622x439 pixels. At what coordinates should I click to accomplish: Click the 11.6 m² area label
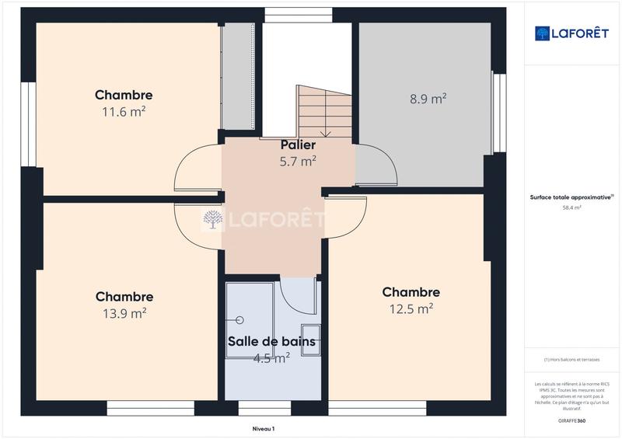124,111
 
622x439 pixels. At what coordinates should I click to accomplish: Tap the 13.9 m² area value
124,313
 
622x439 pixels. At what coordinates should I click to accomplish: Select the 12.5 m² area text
411,308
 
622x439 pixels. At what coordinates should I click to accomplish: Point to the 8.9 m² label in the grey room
428,99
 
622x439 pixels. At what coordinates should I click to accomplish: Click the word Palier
298,145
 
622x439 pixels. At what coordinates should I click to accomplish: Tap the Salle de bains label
271,341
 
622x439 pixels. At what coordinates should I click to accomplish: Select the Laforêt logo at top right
571,33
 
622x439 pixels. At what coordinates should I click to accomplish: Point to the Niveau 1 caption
264,428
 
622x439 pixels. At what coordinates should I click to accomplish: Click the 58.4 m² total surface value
572,208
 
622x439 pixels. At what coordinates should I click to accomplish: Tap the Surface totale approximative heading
571,198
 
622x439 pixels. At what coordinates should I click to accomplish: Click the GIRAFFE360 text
571,420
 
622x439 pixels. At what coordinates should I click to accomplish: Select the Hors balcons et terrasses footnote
571,359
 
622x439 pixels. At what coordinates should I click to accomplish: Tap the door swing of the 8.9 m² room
376,165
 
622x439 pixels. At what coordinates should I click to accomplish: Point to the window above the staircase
299,15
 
